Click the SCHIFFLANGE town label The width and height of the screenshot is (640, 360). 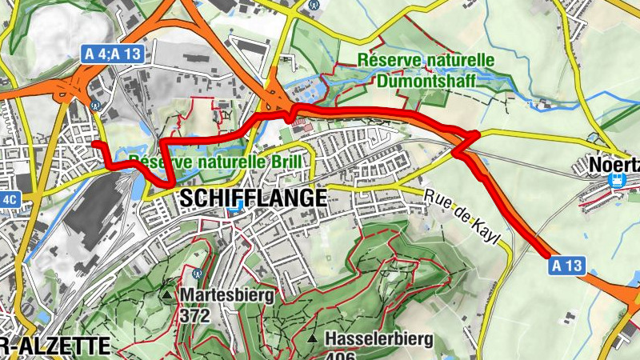click(x=254, y=198)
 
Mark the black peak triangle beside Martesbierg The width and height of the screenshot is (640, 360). click(x=166, y=295)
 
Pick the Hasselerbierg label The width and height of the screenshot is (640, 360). click(x=379, y=339)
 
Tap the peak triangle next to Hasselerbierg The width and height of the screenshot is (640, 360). click(x=313, y=339)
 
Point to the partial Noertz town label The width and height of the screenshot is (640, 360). click(x=614, y=164)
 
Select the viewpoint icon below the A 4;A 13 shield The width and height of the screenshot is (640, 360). click(x=97, y=103)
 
